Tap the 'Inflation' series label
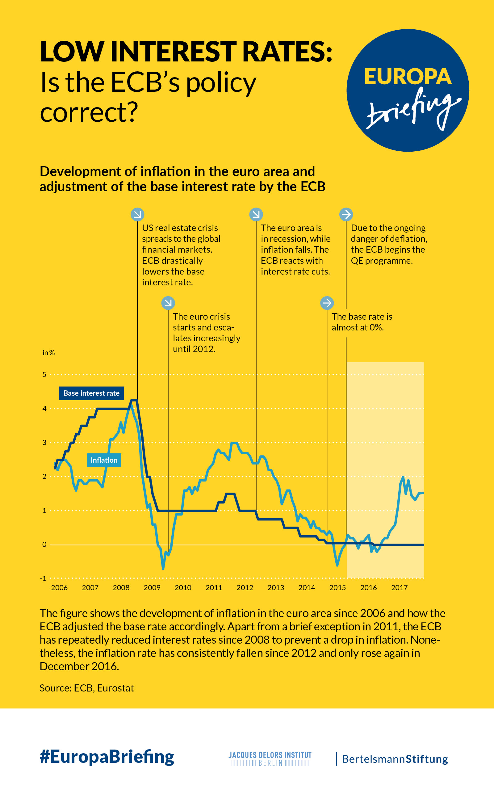pos(104,460)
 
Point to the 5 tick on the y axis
pos(44,374)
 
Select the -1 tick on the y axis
pos(43,578)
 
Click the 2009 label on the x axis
pos(152,587)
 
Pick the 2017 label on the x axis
pos(400,587)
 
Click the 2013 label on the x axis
pos(276,587)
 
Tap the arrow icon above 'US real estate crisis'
pos(137,214)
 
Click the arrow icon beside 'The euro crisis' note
pos(168,303)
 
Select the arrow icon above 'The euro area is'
pos(256,214)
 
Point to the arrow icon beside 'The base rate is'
pos(327,303)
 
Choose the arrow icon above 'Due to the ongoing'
pos(346,214)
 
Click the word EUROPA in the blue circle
pos(408,77)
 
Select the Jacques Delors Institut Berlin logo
pos(270,759)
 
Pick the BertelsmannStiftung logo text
pos(395,759)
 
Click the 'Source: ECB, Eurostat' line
pos(87,688)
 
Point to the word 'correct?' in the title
pos(89,112)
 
